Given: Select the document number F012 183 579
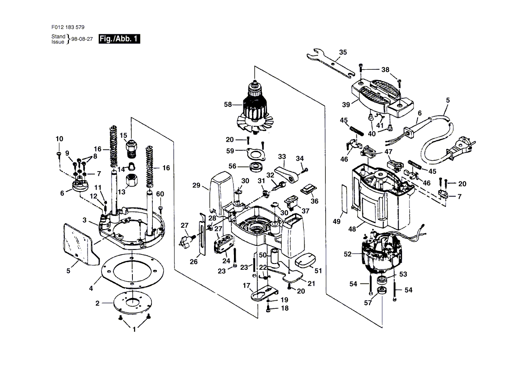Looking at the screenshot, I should tap(68, 27).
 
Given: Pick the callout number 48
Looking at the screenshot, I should tap(352, 229).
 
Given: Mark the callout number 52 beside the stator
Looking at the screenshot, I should tap(348, 254).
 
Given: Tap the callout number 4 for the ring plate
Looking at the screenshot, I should tap(91, 288).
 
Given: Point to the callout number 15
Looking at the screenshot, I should tap(123, 135).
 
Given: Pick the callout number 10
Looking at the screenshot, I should tap(59, 139).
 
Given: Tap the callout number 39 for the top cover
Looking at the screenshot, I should tap(346, 105).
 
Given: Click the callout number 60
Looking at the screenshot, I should tap(160, 194).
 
